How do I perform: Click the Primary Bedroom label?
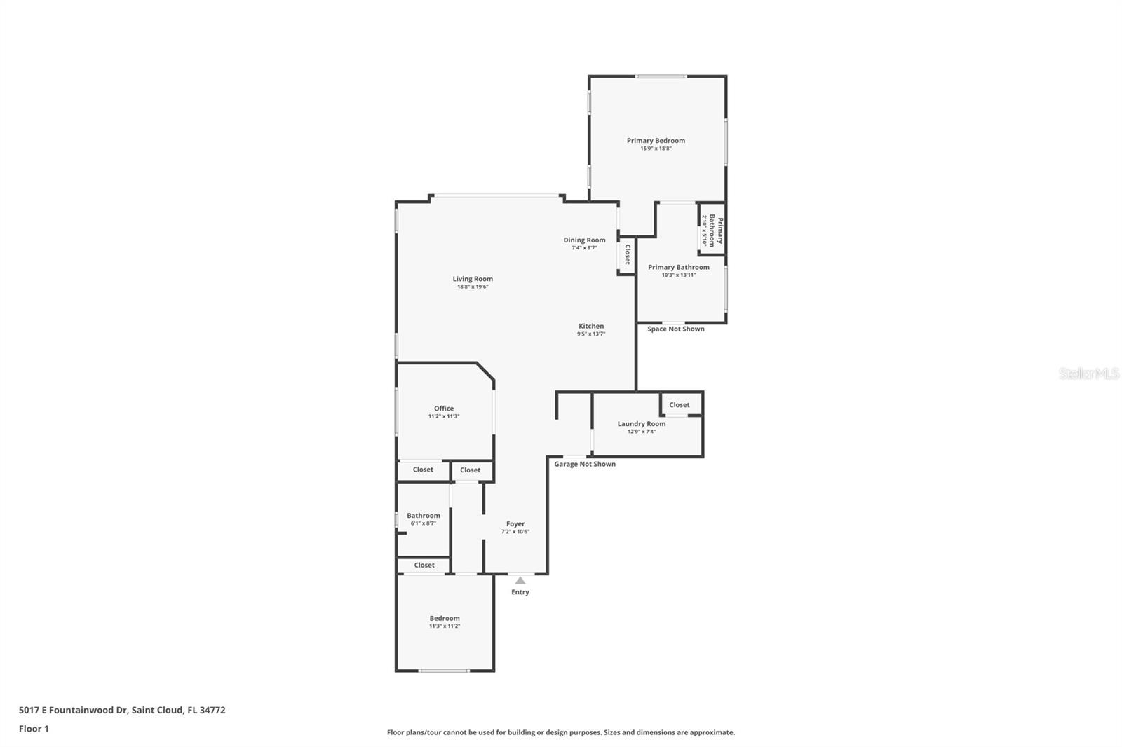coord(656,141)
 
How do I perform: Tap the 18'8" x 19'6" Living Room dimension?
coord(473,287)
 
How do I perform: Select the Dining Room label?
coord(584,240)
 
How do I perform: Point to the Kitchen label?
coord(591,326)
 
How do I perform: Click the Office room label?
coord(443,409)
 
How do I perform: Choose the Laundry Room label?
coord(642,424)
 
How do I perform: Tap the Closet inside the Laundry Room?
coord(679,405)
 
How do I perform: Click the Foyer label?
coord(515,524)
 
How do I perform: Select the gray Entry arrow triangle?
coord(520,580)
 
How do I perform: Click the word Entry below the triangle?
coord(520,592)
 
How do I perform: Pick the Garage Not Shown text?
coord(585,464)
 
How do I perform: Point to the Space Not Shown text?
coord(675,329)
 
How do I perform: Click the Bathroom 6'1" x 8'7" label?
coord(424,516)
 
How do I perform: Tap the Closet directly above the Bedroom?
coord(424,565)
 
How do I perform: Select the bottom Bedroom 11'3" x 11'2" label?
coord(445,619)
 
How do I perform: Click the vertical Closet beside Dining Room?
coord(627,254)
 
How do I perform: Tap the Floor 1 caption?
coord(34,729)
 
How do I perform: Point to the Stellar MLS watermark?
coord(1088,373)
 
